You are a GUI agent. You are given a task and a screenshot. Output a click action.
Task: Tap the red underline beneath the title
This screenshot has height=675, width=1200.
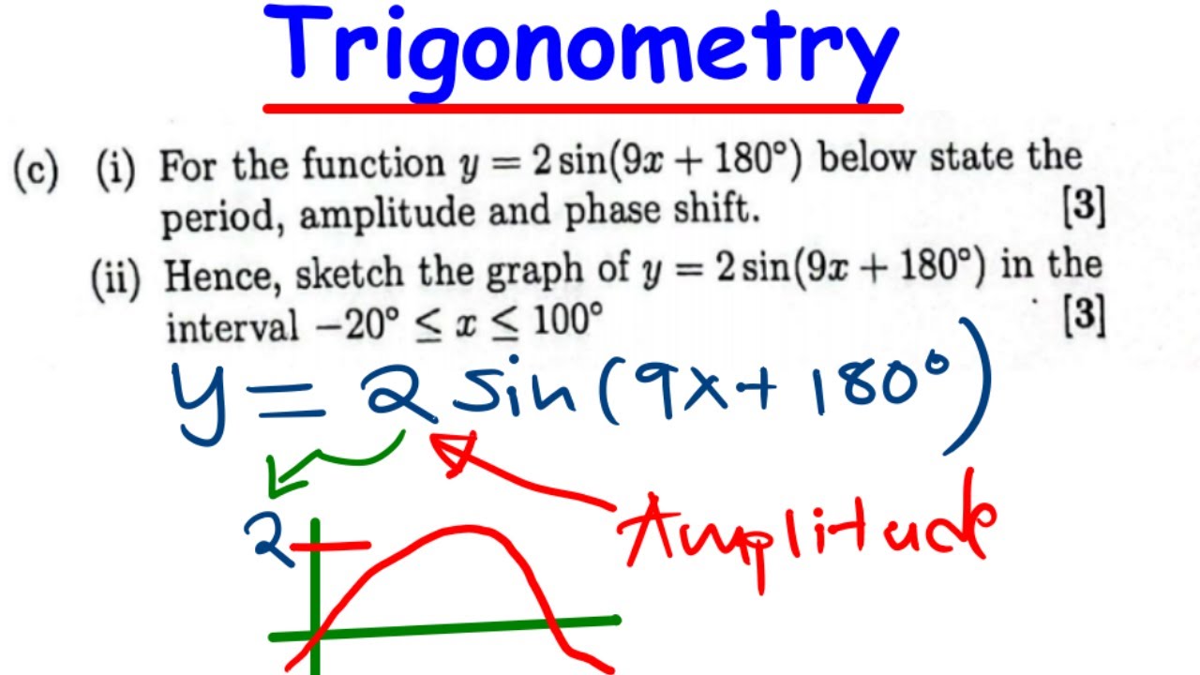click(581, 109)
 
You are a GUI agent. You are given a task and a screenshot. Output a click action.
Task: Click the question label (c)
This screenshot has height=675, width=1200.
click(36, 172)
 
